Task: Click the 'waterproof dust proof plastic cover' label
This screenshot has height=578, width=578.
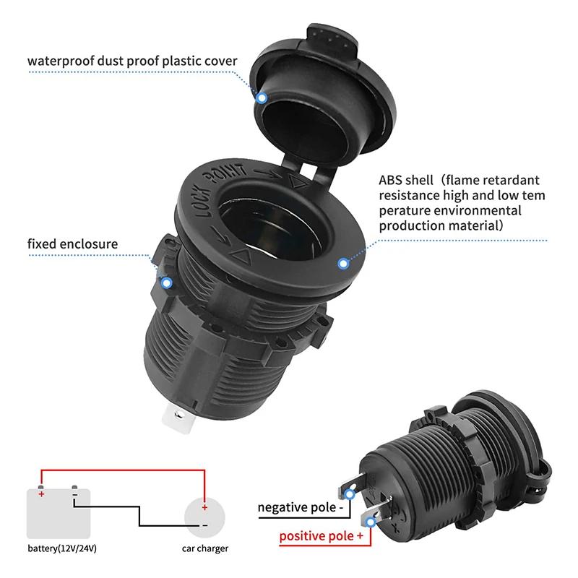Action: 132,60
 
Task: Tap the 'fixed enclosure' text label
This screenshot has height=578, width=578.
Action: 72,243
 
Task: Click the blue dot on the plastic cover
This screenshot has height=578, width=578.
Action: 262,97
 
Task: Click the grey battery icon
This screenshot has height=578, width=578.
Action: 59,510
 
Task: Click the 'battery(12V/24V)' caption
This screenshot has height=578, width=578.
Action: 62,548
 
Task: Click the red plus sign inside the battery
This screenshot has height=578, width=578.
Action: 41,494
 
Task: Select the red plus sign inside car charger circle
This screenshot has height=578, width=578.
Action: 204,506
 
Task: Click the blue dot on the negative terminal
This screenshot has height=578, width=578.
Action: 351,494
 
